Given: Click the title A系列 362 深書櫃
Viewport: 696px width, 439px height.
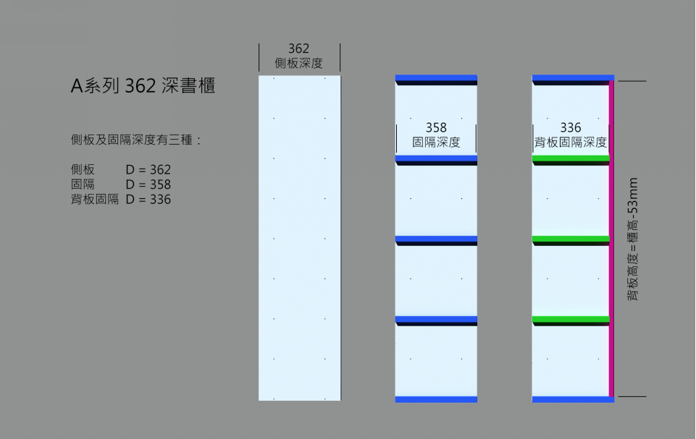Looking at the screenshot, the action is [143, 85].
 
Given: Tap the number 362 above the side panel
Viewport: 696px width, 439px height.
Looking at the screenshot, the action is [298, 48].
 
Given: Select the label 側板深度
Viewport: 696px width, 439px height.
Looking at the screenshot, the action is [298, 63].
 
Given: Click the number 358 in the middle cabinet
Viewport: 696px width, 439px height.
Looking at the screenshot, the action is [436, 128].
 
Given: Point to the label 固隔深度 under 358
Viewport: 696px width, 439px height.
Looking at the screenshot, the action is [436, 142].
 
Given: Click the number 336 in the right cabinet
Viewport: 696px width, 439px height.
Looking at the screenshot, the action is [571, 128].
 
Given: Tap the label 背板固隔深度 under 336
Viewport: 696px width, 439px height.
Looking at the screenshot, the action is [571, 142].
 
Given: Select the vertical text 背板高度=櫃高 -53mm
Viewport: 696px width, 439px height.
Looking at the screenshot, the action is [632, 239].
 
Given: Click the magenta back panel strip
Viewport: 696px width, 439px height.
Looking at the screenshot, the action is [612, 239].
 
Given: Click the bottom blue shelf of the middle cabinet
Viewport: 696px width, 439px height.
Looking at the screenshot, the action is [436, 399].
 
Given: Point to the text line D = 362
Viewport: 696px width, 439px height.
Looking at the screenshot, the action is [148, 170].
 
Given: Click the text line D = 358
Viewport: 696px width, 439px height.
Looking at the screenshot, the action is [148, 184].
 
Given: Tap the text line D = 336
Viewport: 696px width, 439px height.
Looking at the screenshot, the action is [148, 200].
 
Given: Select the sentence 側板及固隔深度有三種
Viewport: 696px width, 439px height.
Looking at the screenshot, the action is [131, 140].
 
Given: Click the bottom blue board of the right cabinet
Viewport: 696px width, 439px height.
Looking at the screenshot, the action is [573, 399].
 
